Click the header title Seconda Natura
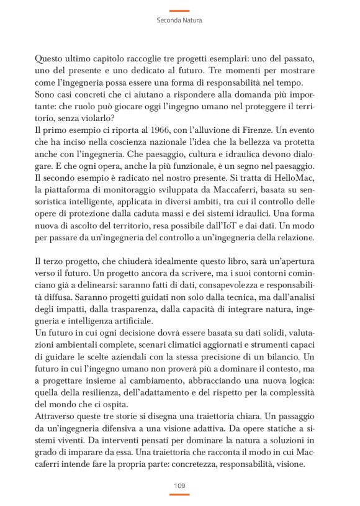[x=179, y=20]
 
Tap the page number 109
[x=179, y=484]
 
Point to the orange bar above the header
[x=179, y=11]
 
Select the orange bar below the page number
[x=179, y=494]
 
